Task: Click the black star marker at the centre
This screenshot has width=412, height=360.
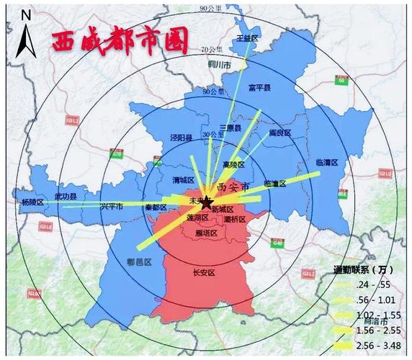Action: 207,202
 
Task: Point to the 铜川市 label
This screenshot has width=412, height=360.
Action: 218,65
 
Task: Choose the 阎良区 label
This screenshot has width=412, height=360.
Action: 279,133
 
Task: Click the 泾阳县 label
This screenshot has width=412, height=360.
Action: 181,138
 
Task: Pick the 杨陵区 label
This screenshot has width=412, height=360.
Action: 32,203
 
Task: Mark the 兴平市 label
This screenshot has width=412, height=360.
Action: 112,207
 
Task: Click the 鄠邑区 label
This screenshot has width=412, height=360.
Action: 138,263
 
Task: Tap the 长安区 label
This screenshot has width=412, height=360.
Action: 205,273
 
